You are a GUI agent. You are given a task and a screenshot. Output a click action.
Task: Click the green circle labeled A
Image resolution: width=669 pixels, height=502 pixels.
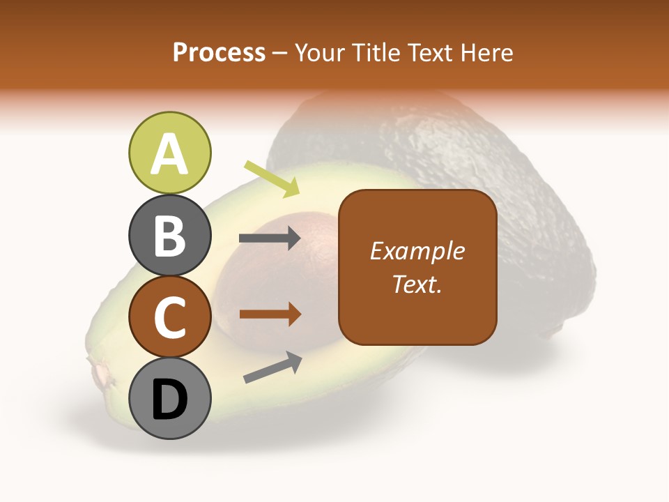point(170,153)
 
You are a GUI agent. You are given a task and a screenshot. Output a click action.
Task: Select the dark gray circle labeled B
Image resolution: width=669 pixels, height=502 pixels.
point(170,235)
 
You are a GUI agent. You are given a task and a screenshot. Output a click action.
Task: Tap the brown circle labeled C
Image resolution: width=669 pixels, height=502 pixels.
point(170,317)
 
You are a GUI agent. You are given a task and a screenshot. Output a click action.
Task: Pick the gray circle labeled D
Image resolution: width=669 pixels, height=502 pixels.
point(170,398)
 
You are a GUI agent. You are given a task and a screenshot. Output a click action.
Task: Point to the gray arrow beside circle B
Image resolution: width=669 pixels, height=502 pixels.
point(270,238)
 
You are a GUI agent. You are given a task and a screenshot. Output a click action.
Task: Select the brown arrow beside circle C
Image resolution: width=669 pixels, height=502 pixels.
point(270,314)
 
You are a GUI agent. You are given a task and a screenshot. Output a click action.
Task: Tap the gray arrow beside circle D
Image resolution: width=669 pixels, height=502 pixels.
point(272,367)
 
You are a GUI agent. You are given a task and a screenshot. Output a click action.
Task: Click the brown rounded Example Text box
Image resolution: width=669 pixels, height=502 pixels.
point(417,268)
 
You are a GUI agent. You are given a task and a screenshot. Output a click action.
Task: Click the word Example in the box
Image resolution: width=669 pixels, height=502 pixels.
point(417,251)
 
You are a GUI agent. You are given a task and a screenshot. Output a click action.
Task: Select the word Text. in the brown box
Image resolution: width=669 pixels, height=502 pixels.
point(417,284)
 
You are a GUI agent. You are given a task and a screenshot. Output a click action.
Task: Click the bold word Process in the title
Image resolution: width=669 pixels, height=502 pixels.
point(219,52)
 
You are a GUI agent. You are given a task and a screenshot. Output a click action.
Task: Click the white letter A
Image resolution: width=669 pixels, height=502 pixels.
point(170,153)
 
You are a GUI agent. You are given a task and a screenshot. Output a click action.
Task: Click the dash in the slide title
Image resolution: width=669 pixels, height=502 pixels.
point(280,53)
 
